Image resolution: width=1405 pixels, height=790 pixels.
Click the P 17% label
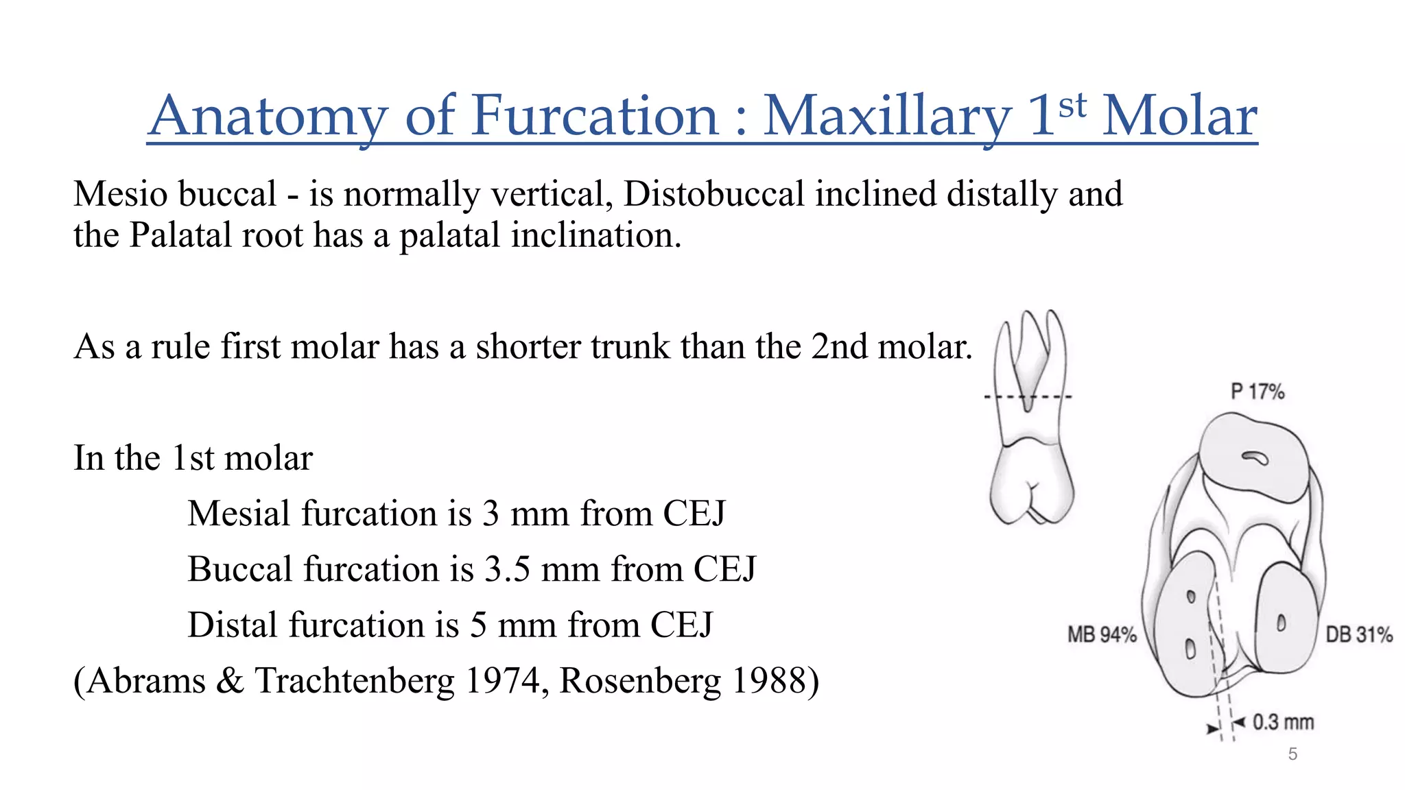1257,392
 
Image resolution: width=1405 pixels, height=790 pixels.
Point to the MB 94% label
1102,634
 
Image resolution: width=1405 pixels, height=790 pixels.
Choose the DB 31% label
1358,634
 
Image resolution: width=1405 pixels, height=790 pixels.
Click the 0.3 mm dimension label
1282,722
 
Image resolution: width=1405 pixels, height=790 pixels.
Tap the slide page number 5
1292,754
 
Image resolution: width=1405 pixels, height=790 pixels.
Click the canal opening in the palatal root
1255,458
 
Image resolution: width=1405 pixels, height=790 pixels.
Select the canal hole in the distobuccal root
1280,623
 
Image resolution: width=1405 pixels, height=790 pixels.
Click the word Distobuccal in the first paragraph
713,194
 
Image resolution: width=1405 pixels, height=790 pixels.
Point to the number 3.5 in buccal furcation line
507,569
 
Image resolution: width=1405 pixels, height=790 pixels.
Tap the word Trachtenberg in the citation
355,681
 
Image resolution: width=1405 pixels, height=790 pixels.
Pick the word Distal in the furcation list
233,625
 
